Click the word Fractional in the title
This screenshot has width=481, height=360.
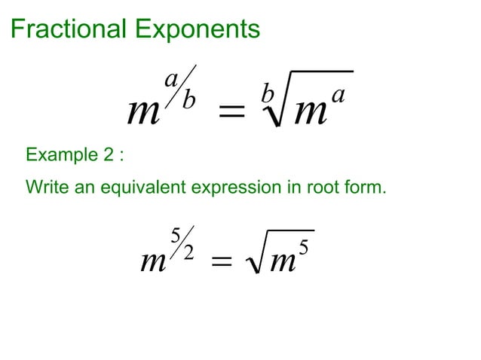(x=69, y=29)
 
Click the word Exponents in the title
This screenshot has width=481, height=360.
(x=198, y=29)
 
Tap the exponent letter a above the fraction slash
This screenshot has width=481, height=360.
(x=171, y=79)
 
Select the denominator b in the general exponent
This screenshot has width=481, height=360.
(x=188, y=100)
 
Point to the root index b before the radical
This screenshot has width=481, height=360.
(x=265, y=94)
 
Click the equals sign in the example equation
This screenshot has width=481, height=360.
(x=220, y=264)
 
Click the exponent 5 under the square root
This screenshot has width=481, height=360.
(x=304, y=246)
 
